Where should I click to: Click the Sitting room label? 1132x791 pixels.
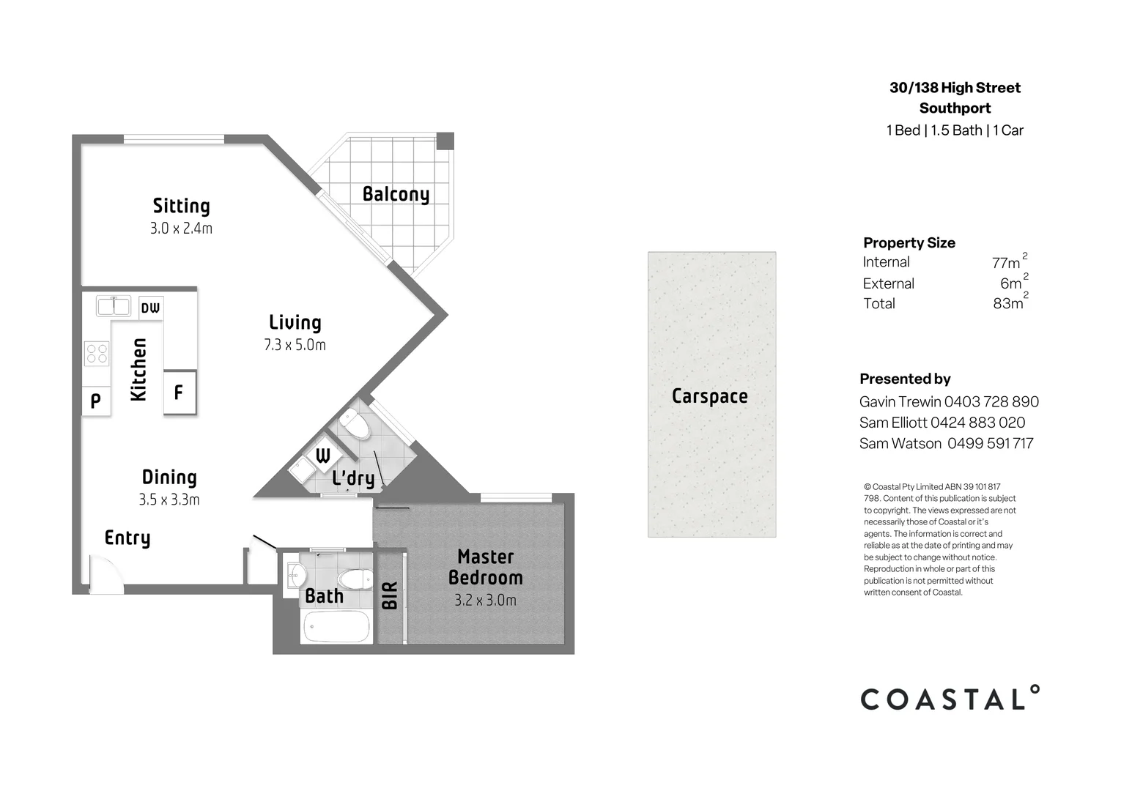[x=181, y=206]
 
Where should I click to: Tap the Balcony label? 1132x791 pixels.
[x=396, y=194]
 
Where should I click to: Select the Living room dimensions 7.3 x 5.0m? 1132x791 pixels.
[x=295, y=345]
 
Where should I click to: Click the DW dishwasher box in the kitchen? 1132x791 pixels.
[x=150, y=308]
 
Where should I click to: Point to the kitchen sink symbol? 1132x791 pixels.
[x=113, y=305]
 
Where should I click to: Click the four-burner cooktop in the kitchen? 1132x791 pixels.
[x=97, y=354]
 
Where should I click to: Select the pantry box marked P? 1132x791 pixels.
[x=95, y=401]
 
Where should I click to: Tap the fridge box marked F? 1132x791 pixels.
[x=179, y=393]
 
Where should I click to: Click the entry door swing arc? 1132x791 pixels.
[x=102, y=571]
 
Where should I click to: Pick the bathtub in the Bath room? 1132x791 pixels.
[x=337, y=627]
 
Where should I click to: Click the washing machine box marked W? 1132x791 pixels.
[x=322, y=456]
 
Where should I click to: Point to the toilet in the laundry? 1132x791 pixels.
[x=355, y=424]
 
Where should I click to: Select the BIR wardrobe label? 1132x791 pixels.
[x=390, y=595]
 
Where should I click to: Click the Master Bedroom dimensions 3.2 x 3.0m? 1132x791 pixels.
[x=485, y=601]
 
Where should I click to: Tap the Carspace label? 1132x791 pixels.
[x=709, y=396]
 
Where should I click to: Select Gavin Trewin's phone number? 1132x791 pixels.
[x=991, y=401]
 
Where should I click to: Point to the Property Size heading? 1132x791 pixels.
[x=909, y=242]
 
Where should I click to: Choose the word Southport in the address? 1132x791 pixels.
[x=955, y=108]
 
